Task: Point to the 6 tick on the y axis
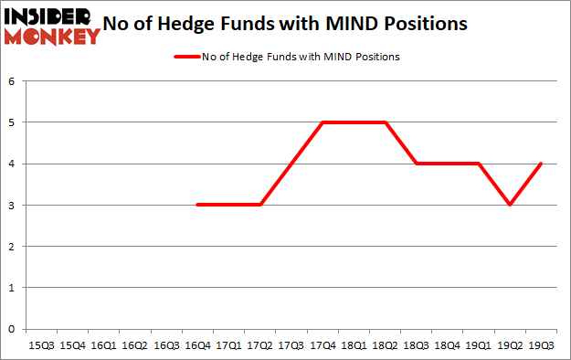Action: (x=13, y=81)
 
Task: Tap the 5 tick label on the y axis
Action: (x=13, y=122)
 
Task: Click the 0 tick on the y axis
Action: (x=13, y=329)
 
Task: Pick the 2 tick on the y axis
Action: (x=13, y=247)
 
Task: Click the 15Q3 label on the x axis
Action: (x=42, y=344)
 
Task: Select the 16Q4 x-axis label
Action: (x=196, y=344)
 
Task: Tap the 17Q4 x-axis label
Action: (x=322, y=344)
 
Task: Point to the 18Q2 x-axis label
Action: (x=385, y=344)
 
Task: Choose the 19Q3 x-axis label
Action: (x=541, y=344)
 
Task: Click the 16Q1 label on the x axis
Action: (x=103, y=344)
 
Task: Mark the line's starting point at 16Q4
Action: (x=197, y=205)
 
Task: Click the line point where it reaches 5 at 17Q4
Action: (x=323, y=122)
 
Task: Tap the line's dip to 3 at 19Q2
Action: (x=510, y=205)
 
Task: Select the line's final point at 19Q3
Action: (x=541, y=164)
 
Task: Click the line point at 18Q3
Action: (x=416, y=164)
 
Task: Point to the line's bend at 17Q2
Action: (x=259, y=205)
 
